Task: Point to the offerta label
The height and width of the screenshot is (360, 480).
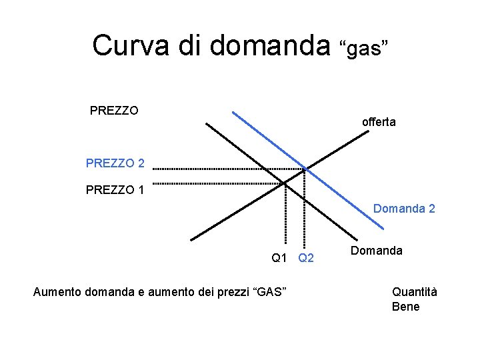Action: click(x=379, y=122)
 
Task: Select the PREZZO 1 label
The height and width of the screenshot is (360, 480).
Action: click(x=115, y=191)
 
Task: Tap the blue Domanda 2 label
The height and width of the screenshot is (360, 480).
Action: click(x=404, y=209)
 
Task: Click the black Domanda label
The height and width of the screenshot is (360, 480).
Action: click(x=377, y=251)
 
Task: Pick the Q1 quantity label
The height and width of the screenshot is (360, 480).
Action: click(x=279, y=257)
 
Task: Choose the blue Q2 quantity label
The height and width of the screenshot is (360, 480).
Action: click(x=306, y=257)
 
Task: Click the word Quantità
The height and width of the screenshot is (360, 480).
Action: click(x=414, y=291)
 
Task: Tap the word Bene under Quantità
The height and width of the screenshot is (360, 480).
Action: click(x=406, y=307)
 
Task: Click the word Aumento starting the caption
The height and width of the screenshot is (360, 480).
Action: click(x=57, y=291)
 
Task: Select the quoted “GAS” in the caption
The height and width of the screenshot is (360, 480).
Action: click(x=269, y=291)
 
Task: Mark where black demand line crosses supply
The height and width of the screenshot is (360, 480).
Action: click(x=285, y=181)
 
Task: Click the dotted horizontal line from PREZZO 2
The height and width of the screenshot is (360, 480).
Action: click(x=227, y=169)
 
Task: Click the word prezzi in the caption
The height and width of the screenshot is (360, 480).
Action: click(x=232, y=291)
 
